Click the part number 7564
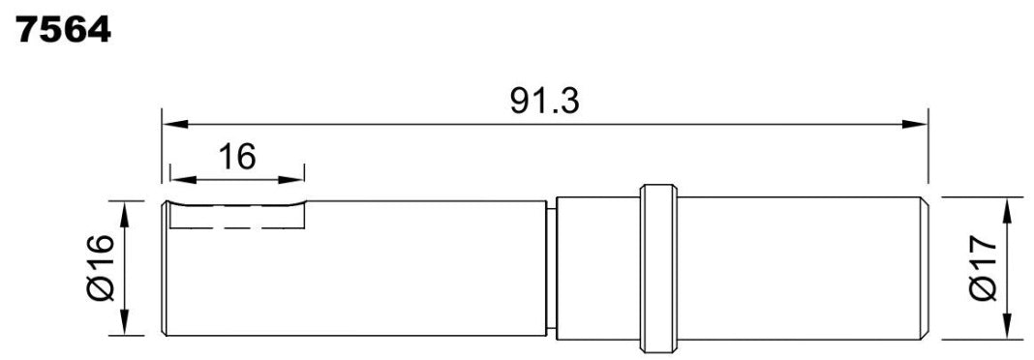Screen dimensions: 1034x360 tap(63, 30)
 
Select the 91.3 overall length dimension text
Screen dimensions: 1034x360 tap(545, 101)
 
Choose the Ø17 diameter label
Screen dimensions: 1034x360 tap(985, 269)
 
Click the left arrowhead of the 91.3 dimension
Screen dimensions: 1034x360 tap(175, 124)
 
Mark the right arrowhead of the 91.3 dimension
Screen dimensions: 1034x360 tap(915, 124)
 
